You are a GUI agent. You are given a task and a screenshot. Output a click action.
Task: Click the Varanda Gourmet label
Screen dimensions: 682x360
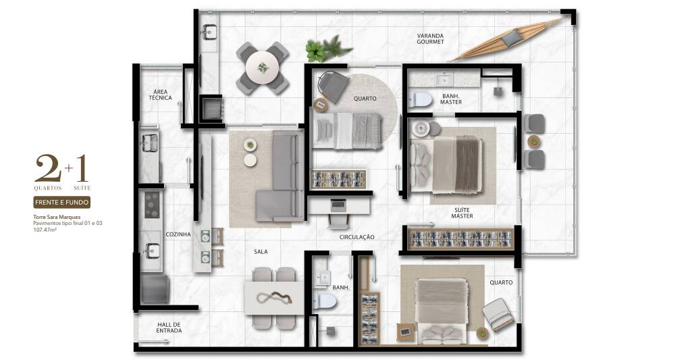[x=430, y=38]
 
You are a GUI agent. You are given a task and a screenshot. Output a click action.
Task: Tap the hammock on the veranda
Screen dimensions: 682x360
[x=510, y=40]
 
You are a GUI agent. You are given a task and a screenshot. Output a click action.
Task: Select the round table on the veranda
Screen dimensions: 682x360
[x=262, y=68]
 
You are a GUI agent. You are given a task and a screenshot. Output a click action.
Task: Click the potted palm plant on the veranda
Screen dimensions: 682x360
[x=328, y=49]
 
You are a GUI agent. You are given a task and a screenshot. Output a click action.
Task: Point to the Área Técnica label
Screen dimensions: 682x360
[x=161, y=95]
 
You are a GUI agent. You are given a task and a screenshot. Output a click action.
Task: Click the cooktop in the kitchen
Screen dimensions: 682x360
[x=152, y=204]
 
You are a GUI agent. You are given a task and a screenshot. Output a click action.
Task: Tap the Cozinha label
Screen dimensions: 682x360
[x=178, y=234]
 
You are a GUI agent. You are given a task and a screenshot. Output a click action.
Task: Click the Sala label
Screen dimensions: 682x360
[x=261, y=252]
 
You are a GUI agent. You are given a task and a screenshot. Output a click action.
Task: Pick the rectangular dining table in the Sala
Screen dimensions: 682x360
[x=274, y=298]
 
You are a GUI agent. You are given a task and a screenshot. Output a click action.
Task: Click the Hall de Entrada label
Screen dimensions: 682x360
[x=169, y=328]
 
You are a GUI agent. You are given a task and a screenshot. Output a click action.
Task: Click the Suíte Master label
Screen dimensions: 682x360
[x=462, y=213]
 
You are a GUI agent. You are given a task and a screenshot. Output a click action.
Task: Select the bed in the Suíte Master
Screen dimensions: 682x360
[x=446, y=165]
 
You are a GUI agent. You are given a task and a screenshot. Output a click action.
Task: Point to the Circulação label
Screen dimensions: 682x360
[x=357, y=237]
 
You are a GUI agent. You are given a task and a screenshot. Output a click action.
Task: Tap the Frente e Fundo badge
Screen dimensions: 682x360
[x=61, y=202]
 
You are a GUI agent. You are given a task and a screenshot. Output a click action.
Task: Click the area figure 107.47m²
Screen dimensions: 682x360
[x=45, y=230]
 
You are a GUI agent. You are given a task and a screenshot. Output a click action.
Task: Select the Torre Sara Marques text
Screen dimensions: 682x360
[x=57, y=217]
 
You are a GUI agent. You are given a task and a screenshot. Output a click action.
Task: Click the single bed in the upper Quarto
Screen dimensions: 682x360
[x=348, y=130]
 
